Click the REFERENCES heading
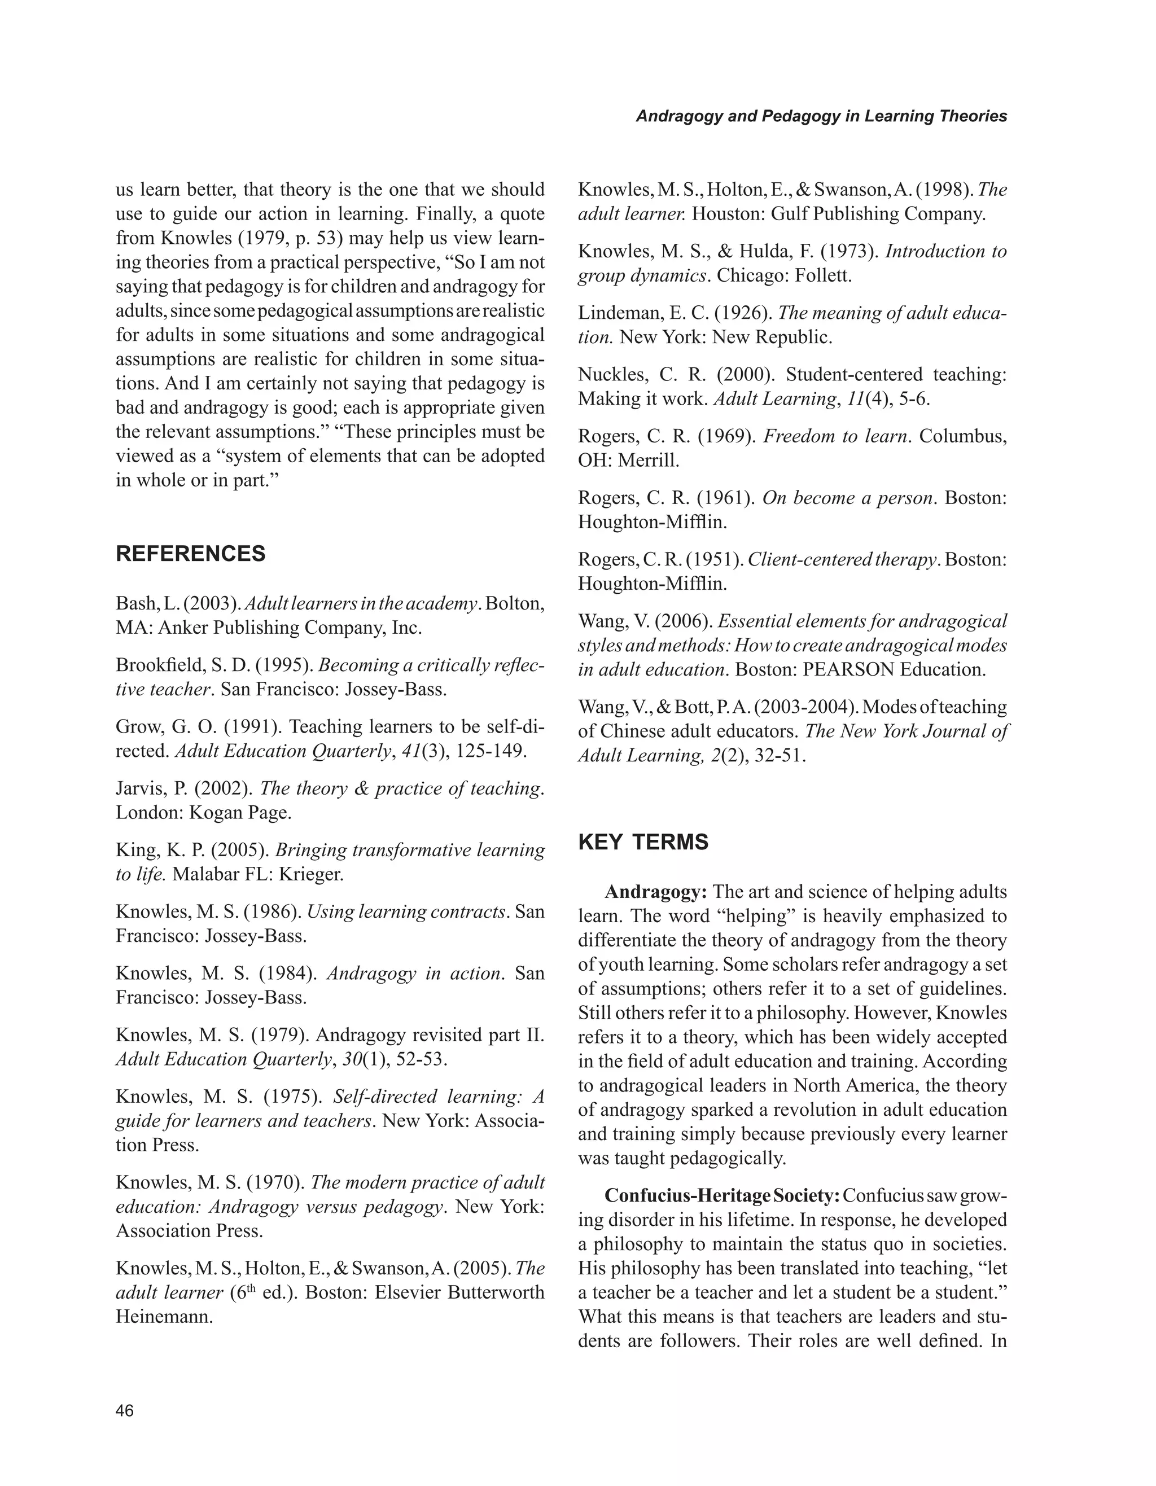(x=191, y=554)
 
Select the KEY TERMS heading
(x=643, y=843)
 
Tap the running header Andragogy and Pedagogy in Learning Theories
(x=821, y=116)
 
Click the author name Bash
(x=137, y=603)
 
